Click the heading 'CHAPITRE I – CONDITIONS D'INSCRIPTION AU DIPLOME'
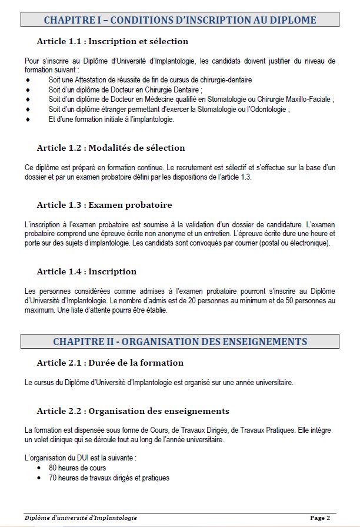(x=180, y=20)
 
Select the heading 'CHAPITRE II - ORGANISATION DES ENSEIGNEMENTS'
(x=180, y=342)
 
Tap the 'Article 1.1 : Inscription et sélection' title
(x=112, y=42)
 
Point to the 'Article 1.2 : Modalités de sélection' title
(x=111, y=148)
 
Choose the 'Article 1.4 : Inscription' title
(x=86, y=271)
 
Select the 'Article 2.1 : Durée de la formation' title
(x=110, y=363)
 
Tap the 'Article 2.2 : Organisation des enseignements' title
(x=133, y=411)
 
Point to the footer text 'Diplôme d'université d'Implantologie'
(x=81, y=518)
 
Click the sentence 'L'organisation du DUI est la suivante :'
(x=80, y=458)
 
